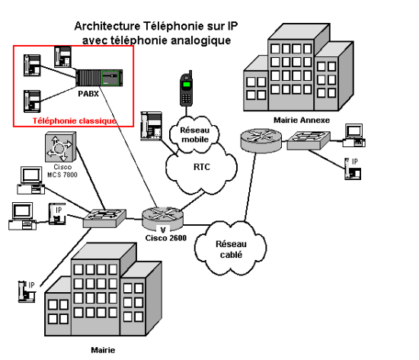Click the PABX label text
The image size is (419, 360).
pos(88,94)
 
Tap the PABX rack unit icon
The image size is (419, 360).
pos(99,78)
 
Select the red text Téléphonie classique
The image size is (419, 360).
pos(75,121)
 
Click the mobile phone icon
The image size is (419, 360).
pos(186,88)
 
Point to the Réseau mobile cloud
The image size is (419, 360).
pos(194,134)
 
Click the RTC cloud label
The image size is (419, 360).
pos(202,167)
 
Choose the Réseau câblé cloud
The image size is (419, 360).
pos(231,249)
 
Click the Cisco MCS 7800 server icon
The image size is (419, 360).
pos(61,147)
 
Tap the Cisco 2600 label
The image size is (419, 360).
pos(165,238)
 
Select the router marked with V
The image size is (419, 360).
pos(163,219)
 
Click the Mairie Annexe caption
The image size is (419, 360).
pos(302,120)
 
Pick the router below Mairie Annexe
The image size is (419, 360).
pos(261,140)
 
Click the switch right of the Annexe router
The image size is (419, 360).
pos(309,140)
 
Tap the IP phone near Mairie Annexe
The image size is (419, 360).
pos(353,169)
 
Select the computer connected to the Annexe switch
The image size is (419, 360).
pos(354,135)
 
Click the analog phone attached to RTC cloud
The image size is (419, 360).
pos(152,126)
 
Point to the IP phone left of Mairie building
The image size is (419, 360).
pos(27,291)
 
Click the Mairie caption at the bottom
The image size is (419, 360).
pos(103,350)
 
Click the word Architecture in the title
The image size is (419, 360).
pos(107,26)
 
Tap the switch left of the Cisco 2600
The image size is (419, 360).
pos(104,218)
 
